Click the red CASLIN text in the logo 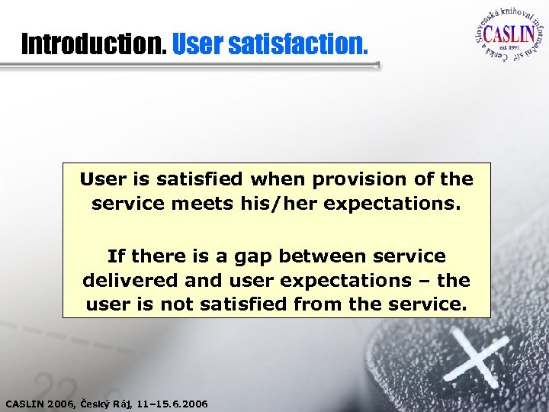507,37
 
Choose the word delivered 129,280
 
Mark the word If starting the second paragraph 116,256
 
